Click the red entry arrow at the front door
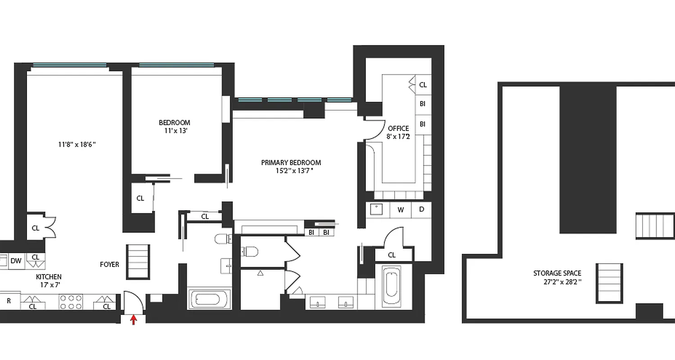coord(133,320)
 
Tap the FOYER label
coord(109,265)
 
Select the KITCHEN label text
coord(49,277)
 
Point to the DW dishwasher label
coord(16,261)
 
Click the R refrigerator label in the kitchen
coord(9,301)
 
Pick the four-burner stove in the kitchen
coord(71,301)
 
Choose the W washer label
coord(400,209)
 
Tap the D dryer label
coord(422,209)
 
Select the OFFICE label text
coord(398,128)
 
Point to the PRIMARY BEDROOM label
coord(291,162)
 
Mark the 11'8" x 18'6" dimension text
coord(76,144)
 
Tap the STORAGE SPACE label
coord(557,273)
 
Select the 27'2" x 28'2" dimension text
coord(562,282)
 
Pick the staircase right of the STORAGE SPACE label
coord(610,283)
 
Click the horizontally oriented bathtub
coord(210,299)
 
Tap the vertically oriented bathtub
coord(391,286)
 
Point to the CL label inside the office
coord(423,85)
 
